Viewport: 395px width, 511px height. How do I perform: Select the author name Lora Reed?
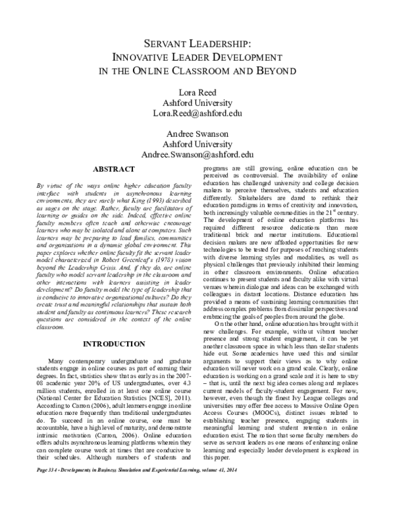197,92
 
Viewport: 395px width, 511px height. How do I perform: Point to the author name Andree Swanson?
197,134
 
